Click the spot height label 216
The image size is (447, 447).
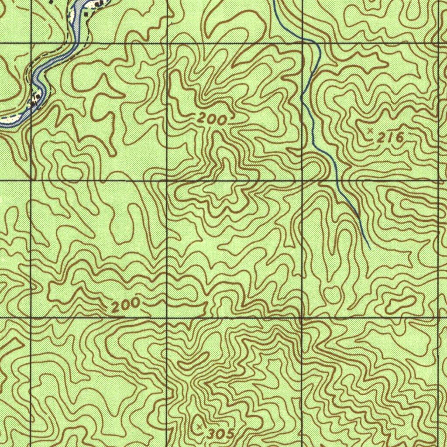point(390,138)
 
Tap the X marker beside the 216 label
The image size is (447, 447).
point(370,131)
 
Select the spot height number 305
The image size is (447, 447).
point(220,434)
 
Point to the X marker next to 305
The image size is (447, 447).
point(199,425)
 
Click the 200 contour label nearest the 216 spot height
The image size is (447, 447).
point(212,119)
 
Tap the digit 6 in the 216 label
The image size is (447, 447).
point(398,138)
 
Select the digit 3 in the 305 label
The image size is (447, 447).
point(212,434)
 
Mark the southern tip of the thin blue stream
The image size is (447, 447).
point(370,249)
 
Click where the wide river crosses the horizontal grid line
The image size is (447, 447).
point(74,44)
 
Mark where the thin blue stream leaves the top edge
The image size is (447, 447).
point(274,1)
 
